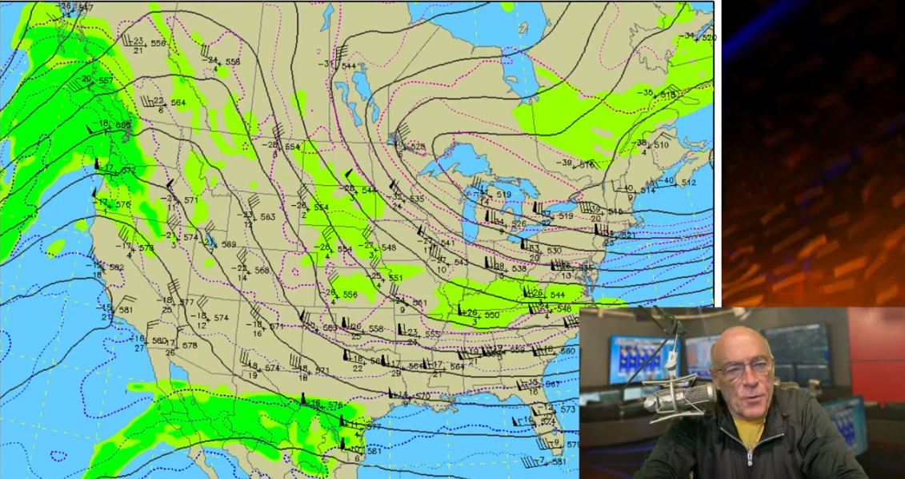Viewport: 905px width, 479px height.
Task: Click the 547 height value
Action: (x=86, y=7)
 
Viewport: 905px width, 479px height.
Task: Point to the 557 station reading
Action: (x=106, y=81)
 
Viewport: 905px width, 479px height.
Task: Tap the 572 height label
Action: (x=129, y=171)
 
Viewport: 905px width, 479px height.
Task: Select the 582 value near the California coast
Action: (x=116, y=268)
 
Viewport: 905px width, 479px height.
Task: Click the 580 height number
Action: (x=158, y=341)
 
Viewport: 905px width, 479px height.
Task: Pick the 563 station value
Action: (x=267, y=217)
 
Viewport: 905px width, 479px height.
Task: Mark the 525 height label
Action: (x=417, y=147)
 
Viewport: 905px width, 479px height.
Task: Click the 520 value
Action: (x=709, y=38)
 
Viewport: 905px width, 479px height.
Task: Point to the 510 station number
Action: (x=661, y=145)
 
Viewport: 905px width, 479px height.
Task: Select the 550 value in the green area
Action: (x=491, y=315)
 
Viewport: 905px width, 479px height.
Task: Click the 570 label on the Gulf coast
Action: (x=422, y=396)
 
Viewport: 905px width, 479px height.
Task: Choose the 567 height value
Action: (x=552, y=384)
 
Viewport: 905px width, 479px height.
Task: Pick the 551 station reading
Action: (x=395, y=278)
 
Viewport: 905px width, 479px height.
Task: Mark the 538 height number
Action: (x=519, y=268)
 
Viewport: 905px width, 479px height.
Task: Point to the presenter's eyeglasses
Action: (x=743, y=369)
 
